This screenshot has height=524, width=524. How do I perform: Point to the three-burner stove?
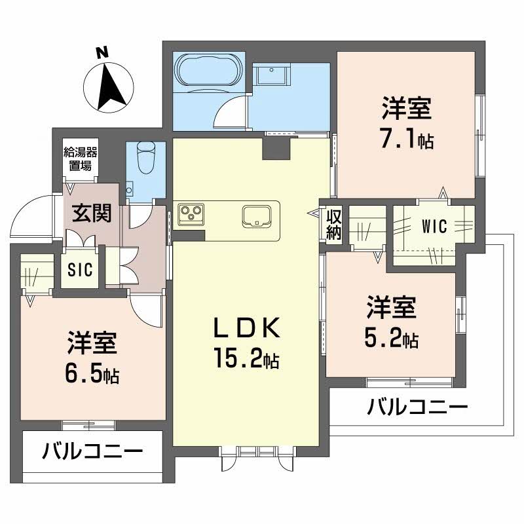(191, 214)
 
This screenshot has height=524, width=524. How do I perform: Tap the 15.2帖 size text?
(246, 358)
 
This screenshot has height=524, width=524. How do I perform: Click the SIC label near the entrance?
(81, 270)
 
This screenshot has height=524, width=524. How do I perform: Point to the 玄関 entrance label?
(91, 214)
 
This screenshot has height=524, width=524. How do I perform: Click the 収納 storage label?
(334, 223)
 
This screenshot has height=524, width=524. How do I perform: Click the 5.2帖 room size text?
(391, 339)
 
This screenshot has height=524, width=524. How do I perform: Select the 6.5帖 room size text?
(92, 373)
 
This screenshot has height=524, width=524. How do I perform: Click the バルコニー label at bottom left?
(93, 452)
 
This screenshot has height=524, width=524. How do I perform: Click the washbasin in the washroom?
(272, 76)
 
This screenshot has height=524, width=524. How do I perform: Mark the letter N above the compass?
(100, 53)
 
